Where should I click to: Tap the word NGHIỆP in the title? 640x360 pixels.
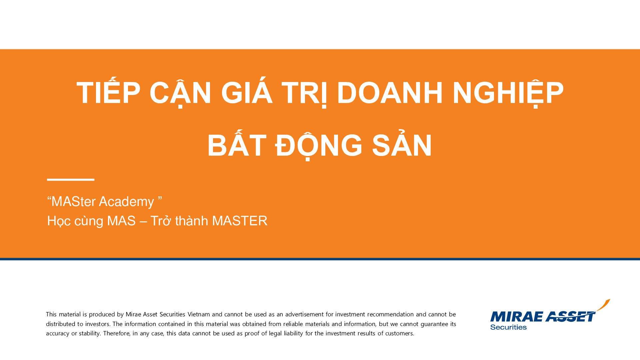point(508,94)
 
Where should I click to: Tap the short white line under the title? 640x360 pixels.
point(71,180)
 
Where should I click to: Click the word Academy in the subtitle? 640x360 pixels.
point(126,202)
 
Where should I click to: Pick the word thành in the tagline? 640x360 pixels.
point(192,221)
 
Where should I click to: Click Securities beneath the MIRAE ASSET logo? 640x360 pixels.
point(508,327)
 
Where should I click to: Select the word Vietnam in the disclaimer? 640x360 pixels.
point(199,314)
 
